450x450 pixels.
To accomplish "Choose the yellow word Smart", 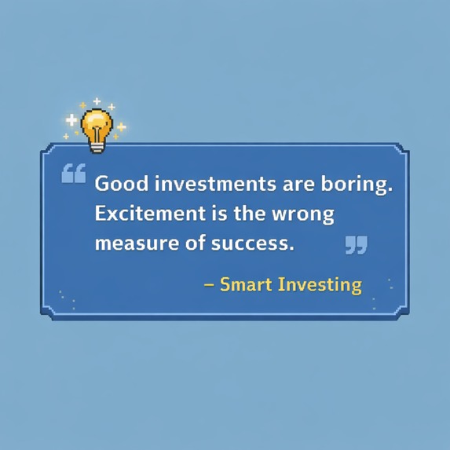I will [246, 284].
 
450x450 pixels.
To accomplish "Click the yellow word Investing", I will [320, 284].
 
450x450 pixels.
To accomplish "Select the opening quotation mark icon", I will [73, 174].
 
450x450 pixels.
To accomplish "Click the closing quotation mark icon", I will [356, 245].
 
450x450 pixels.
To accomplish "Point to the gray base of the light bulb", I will [97, 145].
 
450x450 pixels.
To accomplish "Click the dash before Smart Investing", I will [209, 284].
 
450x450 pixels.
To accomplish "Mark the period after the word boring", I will [390, 191].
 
